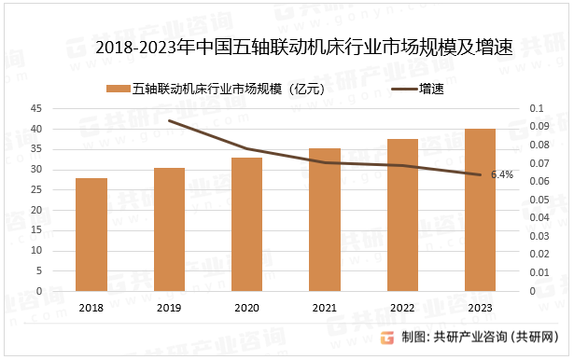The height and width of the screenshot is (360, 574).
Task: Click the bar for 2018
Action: click(91, 234)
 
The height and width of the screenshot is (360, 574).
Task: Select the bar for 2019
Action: click(169, 229)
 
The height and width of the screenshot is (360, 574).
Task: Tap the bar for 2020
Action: click(247, 224)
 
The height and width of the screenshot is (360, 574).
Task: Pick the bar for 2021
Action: click(325, 219)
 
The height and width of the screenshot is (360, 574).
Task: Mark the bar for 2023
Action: click(481, 210)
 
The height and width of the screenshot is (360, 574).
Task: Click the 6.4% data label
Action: click(502, 174)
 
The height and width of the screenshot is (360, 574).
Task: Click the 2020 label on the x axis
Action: click(247, 308)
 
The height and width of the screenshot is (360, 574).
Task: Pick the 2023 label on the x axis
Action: click(481, 308)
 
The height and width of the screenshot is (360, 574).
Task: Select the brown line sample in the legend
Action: click(399, 90)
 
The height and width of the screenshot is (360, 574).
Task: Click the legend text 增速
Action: click(430, 90)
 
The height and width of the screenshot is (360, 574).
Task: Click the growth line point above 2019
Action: click(169, 120)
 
